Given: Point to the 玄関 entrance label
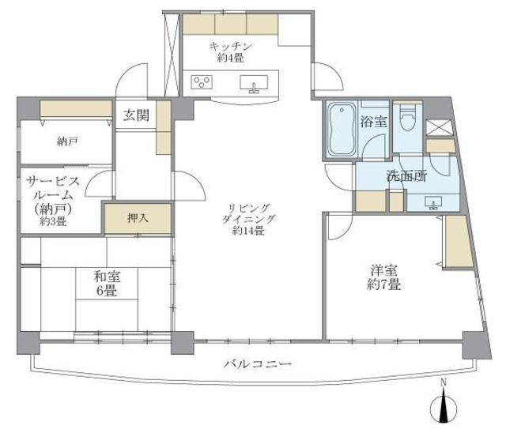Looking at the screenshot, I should [135, 115].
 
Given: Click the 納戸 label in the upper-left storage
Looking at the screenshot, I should [67, 142].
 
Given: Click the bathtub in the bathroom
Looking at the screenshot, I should [341, 130].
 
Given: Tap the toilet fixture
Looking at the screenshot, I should [406, 121].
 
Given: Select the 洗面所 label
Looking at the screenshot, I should [406, 176].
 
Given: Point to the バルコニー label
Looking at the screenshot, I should [258, 365].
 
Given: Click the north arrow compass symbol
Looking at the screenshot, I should [444, 409].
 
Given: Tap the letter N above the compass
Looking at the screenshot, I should [444, 384].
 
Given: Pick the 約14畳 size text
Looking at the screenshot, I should [248, 231].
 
